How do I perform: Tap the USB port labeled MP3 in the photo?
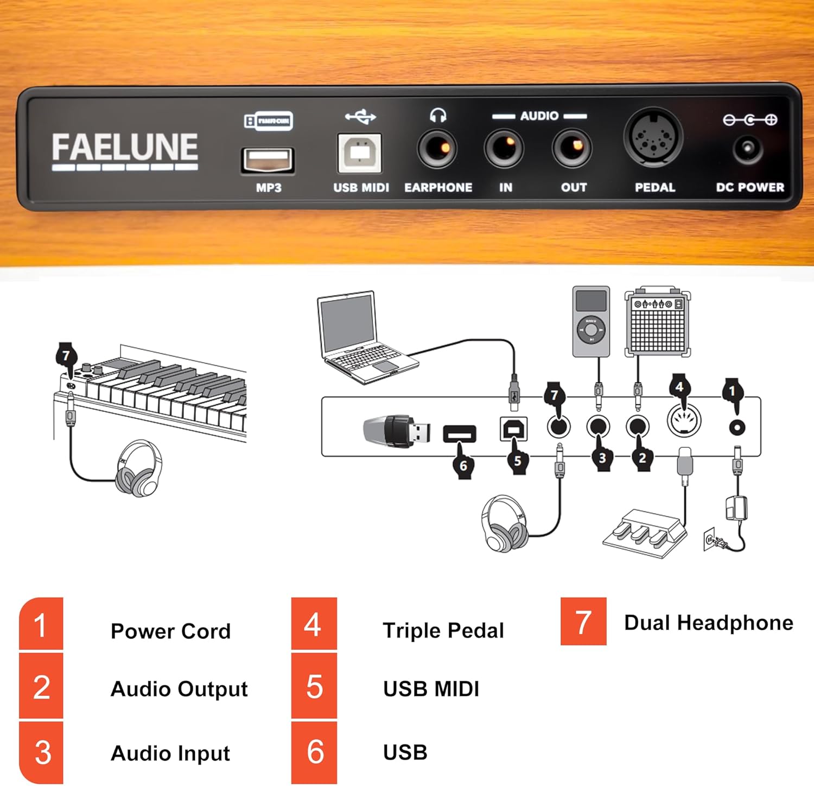(x=268, y=160)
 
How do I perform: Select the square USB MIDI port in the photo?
(x=359, y=153)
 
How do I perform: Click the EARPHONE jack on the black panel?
(x=437, y=149)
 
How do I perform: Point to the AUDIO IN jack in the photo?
(x=505, y=148)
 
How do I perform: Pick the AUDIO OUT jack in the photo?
(x=572, y=148)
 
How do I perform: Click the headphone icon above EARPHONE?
(x=438, y=116)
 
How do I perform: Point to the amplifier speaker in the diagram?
(x=657, y=321)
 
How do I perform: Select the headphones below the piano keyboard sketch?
(x=139, y=468)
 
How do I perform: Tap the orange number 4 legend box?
(x=314, y=624)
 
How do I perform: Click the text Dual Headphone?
(x=708, y=623)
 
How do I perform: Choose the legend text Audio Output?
(x=179, y=689)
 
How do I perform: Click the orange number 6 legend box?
(x=314, y=752)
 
